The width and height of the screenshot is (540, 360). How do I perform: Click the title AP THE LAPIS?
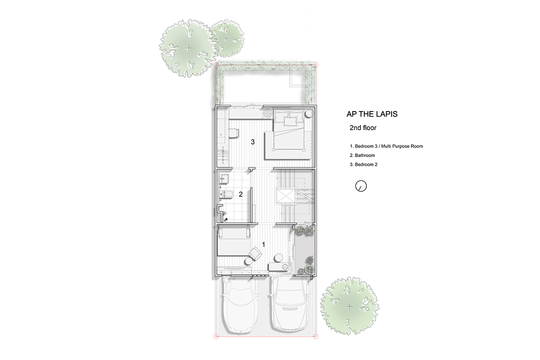[x=372, y=114]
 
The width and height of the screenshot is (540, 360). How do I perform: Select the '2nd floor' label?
[x=363, y=128]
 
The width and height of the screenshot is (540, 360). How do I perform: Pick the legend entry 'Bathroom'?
[x=362, y=155]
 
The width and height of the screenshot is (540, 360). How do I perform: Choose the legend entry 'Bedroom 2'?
[x=364, y=164]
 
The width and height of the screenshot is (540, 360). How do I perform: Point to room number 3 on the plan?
[x=252, y=142]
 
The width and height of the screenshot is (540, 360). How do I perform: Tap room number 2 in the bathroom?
[x=241, y=194]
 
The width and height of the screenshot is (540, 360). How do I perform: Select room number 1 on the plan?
[x=264, y=244]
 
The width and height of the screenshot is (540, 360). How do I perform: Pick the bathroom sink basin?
[x=55, y=179]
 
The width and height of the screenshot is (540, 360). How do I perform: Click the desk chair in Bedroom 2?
[x=65, y=133]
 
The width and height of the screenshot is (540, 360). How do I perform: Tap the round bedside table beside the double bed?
[x=309, y=113]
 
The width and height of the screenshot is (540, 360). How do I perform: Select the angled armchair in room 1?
[x=255, y=254]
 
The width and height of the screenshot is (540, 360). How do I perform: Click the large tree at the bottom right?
[x=350, y=307]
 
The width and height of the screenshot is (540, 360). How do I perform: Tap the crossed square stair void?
[x=286, y=196]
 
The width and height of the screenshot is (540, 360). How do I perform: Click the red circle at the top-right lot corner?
[x=315, y=65]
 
